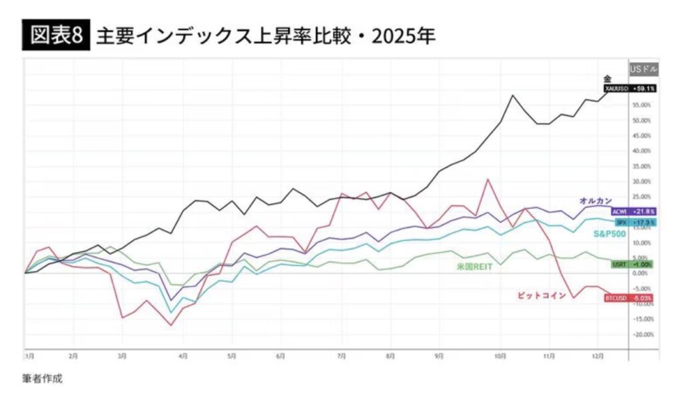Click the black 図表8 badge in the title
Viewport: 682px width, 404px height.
56,35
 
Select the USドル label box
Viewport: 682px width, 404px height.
643,69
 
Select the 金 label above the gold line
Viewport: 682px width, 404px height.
607,79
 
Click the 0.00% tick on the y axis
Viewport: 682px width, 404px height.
641,273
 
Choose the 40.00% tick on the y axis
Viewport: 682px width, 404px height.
641,151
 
